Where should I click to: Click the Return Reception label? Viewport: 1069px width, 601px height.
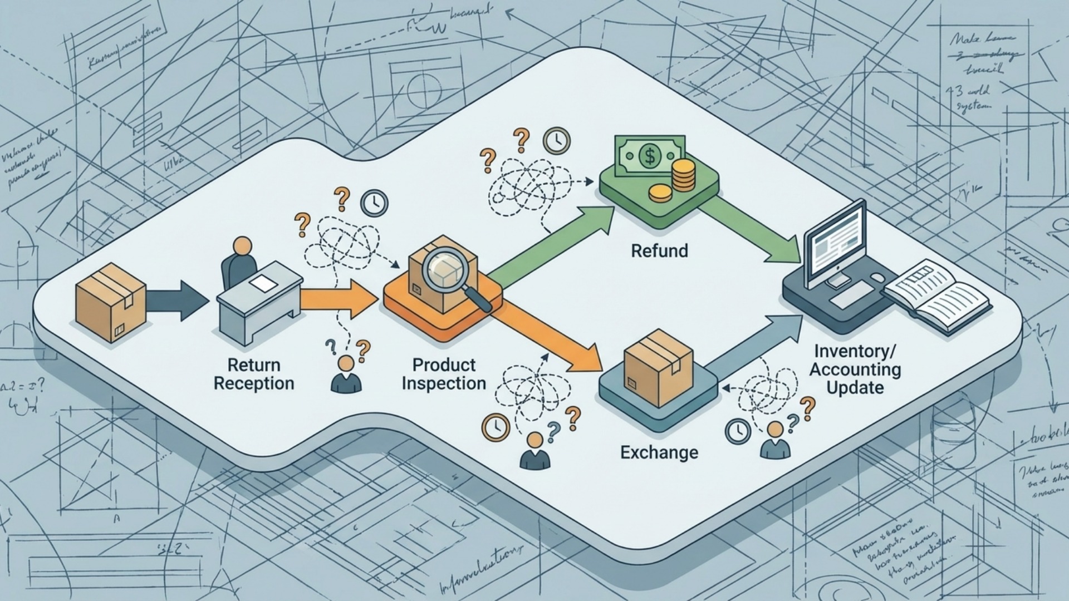click(x=254, y=374)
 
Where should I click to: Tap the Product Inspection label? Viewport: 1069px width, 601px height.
click(x=444, y=374)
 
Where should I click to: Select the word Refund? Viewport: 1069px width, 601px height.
click(x=659, y=250)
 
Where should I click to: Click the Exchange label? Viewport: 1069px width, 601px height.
click(x=659, y=452)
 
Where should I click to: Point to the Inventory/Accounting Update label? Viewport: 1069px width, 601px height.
click(x=855, y=369)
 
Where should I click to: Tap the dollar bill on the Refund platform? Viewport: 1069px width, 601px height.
click(x=649, y=156)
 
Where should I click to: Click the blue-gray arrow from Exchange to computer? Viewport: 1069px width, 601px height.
click(x=757, y=345)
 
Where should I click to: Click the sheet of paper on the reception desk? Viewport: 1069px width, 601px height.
click(x=263, y=283)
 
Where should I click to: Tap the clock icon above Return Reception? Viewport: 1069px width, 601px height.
click(x=374, y=203)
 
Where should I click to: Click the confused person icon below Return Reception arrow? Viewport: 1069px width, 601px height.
click(x=346, y=375)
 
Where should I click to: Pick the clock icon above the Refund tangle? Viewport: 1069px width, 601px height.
click(x=556, y=141)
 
